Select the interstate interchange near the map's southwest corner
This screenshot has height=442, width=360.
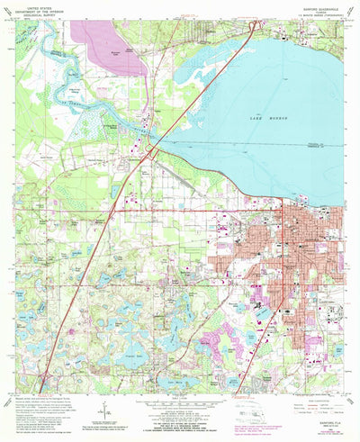(45, 373)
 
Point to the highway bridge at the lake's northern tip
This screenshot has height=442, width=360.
(254, 24)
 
